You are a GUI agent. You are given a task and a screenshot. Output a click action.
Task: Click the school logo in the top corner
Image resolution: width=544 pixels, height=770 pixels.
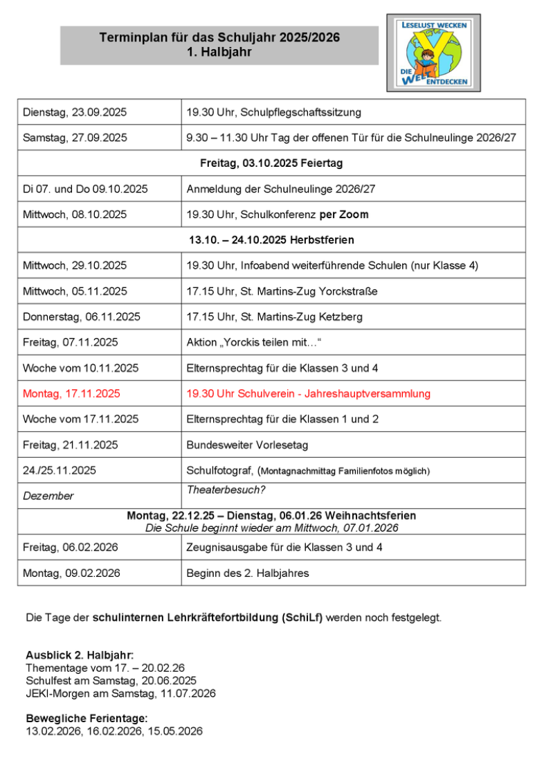coord(434,53)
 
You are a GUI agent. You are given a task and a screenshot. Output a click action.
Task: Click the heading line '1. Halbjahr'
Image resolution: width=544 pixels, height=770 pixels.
coord(219,52)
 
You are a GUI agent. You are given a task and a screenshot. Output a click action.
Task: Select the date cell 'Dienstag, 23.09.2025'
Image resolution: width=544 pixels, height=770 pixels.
coord(75,112)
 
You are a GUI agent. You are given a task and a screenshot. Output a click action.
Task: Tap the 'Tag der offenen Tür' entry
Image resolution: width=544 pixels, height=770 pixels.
coord(351,138)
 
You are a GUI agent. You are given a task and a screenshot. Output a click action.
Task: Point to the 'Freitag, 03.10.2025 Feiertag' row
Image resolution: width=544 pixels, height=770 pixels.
coord(271,163)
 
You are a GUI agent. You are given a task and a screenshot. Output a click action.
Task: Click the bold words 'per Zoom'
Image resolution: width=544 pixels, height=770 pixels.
coord(344,215)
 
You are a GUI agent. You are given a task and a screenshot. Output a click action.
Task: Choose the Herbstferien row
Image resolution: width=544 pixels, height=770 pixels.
coord(271,240)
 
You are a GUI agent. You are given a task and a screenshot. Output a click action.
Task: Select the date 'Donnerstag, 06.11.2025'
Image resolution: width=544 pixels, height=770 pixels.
coord(82,317)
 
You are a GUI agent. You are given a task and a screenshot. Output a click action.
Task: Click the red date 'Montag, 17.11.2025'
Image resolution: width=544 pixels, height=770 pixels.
coord(71,393)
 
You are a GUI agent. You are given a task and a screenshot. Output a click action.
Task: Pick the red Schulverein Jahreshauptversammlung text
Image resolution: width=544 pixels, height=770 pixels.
coord(308,393)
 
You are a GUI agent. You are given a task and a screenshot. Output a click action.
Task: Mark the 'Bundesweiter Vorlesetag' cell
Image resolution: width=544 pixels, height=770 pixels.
coord(247,445)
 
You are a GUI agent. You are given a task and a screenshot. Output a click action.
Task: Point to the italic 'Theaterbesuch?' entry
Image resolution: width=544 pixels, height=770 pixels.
coord(226,490)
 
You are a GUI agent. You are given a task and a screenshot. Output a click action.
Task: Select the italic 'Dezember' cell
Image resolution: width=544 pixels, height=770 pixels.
coord(48,496)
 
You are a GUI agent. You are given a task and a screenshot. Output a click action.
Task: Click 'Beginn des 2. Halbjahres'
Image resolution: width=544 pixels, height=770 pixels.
coord(247,573)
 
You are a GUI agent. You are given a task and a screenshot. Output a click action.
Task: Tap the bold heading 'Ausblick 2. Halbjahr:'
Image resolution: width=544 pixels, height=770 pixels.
coord(80,655)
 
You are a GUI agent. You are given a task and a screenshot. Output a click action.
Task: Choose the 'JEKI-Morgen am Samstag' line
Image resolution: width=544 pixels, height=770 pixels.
coord(120,693)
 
